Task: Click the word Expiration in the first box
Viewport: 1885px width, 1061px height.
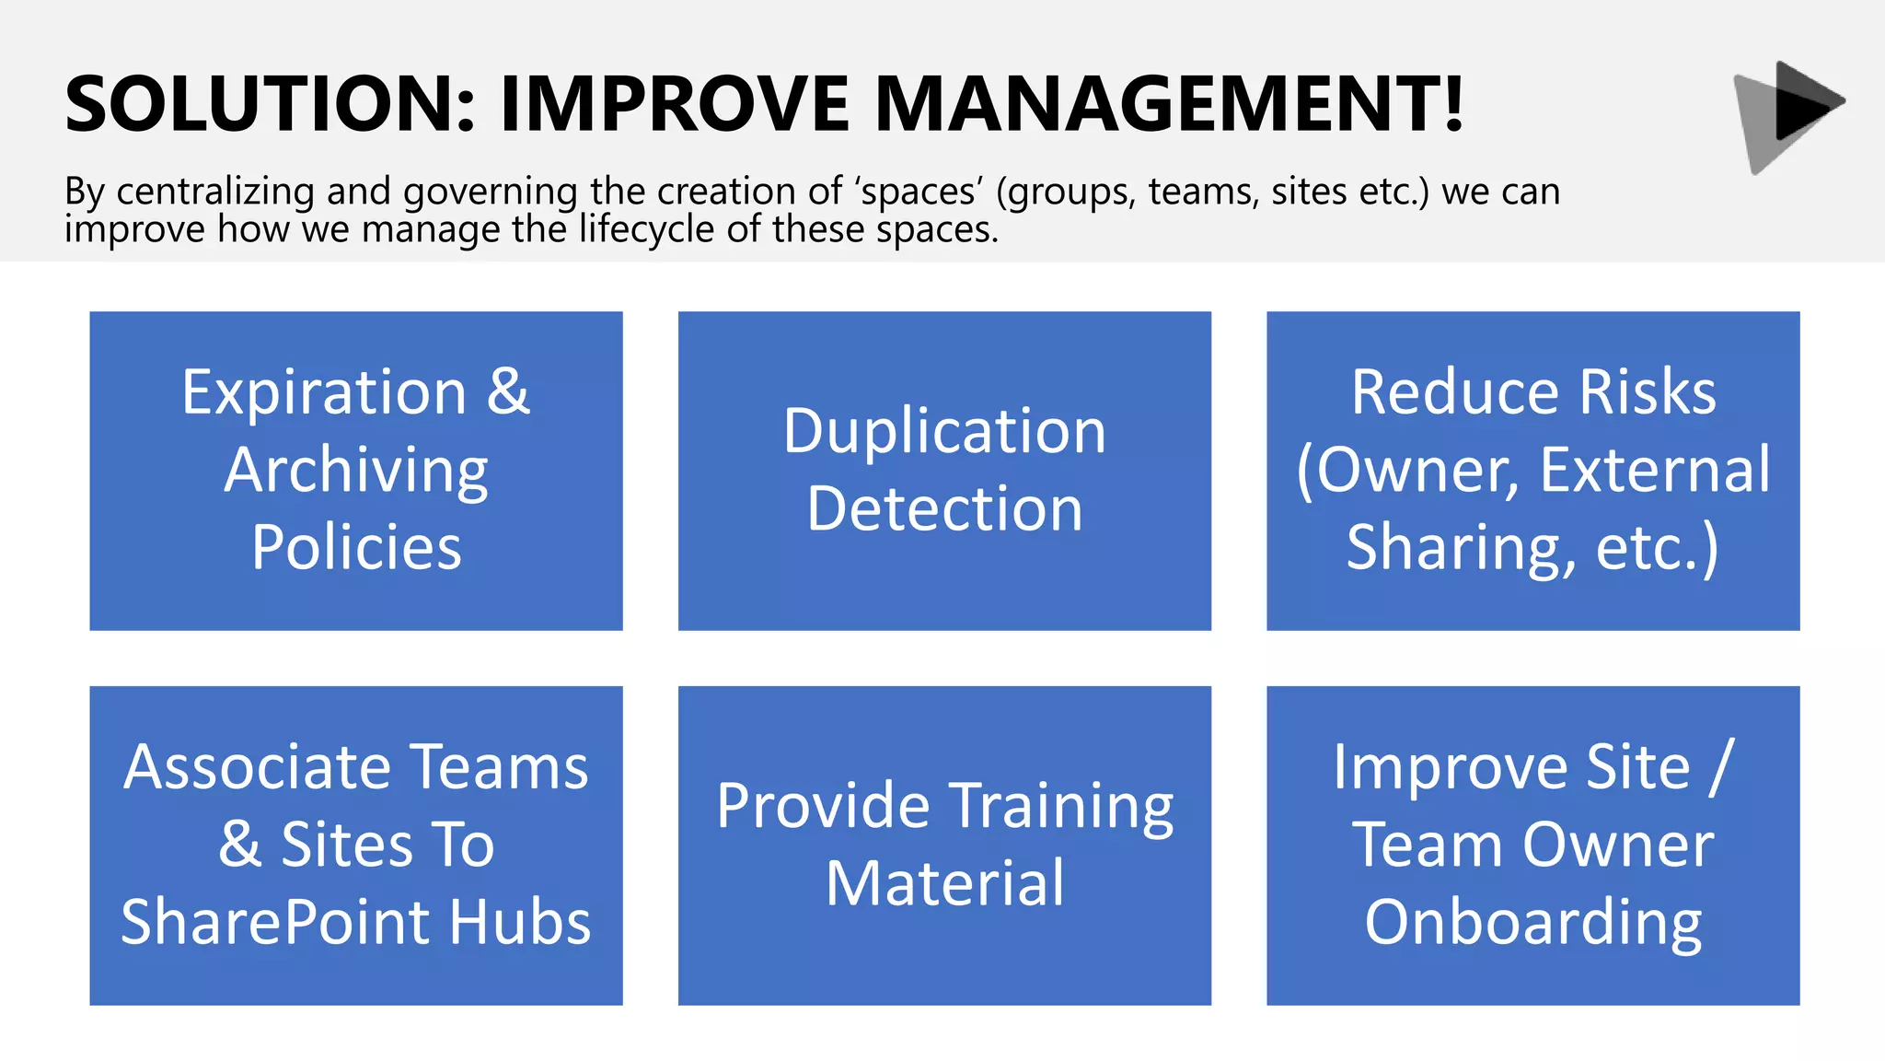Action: [x=324, y=393]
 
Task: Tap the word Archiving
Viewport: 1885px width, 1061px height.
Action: [x=356, y=471]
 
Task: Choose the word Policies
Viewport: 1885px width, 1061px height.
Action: [x=356, y=547]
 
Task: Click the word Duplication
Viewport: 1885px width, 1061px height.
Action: [x=944, y=431]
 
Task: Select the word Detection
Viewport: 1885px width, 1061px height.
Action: [x=944, y=508]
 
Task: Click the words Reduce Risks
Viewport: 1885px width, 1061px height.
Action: [x=1533, y=392]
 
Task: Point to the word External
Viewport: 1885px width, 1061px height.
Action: [x=1655, y=470]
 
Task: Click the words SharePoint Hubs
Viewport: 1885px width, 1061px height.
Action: [x=356, y=922]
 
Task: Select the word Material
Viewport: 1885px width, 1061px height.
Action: [x=944, y=883]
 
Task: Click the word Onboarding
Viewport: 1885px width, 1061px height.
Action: [x=1533, y=922]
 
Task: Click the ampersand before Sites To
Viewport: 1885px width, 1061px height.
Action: [x=240, y=845]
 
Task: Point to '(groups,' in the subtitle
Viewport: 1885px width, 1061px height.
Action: [x=1067, y=192]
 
